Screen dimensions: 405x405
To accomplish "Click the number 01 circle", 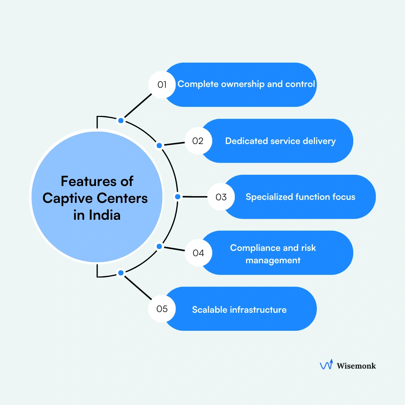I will [x=162, y=85].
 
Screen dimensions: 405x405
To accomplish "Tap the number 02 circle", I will [x=198, y=141].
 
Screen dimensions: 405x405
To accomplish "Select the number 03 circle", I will [x=221, y=197].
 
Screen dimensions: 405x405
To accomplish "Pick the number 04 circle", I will [x=198, y=253].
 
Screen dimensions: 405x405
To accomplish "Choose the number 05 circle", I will [x=162, y=309].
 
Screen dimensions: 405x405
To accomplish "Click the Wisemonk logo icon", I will [x=326, y=365].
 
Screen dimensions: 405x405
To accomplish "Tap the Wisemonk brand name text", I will [x=356, y=365].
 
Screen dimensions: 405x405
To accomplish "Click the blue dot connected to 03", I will [x=178, y=196].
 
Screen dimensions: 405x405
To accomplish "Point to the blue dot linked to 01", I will [x=121, y=120].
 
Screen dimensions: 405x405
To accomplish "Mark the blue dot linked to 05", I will [x=121, y=273].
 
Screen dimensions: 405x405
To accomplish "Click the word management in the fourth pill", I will [x=273, y=260].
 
